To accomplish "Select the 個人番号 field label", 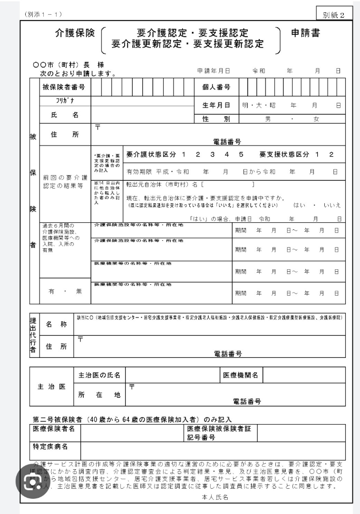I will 217,87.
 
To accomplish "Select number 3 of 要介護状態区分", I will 213,155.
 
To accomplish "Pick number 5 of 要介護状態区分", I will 242,155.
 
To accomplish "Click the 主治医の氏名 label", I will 99,376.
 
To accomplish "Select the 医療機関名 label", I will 241,376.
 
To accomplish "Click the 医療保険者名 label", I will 54,429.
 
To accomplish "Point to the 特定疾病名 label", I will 50,447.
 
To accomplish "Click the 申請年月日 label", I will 214,71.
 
